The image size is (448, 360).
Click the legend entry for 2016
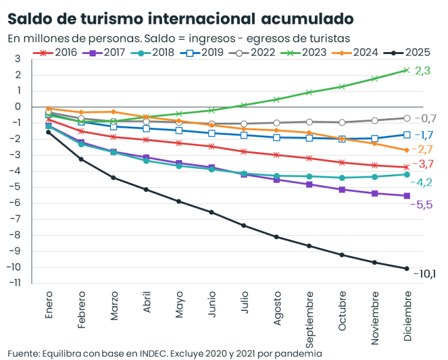point(58,53)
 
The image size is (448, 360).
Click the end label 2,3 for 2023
point(423,71)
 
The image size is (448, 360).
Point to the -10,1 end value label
point(425,273)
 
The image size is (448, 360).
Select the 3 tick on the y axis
point(18,59)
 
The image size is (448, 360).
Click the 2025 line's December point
point(406,268)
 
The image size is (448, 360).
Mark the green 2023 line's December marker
point(406,70)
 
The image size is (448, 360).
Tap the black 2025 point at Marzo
point(114,178)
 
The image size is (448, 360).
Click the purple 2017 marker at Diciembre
point(406,196)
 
